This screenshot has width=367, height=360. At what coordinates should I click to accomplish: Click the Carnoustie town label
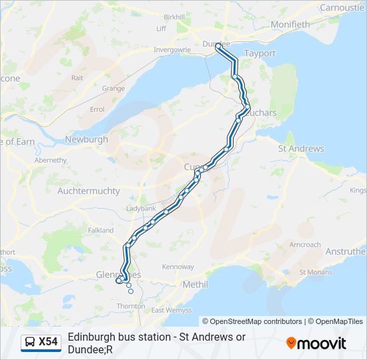(342, 7)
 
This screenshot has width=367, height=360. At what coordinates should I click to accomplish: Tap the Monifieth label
(290, 25)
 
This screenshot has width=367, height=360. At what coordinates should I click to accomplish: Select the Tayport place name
(260, 53)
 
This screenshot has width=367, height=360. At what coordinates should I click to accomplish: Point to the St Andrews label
(301, 149)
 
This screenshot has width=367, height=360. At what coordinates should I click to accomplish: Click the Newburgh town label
(86, 140)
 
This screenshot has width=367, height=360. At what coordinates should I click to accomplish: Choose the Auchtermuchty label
(89, 191)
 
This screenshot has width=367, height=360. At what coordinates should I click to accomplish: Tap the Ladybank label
(140, 209)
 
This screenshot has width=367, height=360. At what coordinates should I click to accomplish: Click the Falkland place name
(101, 230)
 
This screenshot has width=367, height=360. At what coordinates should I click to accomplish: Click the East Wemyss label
(171, 311)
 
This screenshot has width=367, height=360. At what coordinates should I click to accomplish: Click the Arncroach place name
(305, 245)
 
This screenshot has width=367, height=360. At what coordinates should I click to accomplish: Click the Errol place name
(97, 109)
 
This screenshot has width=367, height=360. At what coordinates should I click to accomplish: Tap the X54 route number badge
(48, 342)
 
